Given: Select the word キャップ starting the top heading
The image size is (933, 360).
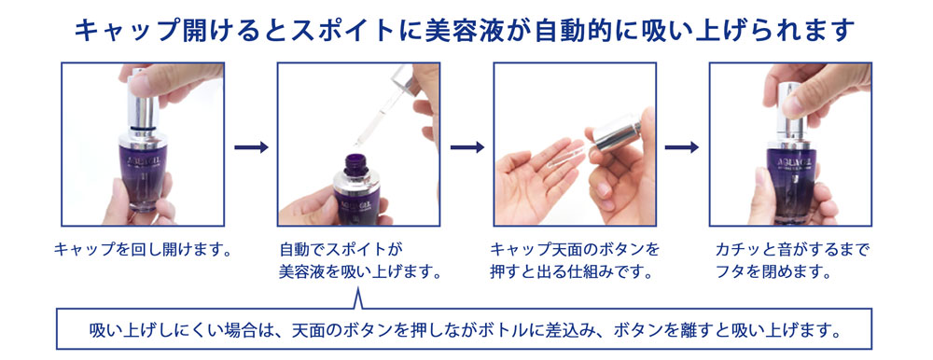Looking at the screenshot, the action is click(118, 31).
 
